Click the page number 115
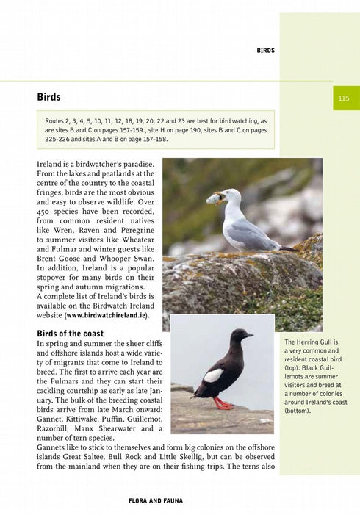click(x=344, y=98)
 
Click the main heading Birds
click(x=48, y=97)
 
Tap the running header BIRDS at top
click(x=265, y=51)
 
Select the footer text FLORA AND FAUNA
click(x=156, y=501)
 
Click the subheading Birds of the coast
click(x=70, y=333)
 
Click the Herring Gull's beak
click(x=213, y=198)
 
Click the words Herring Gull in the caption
click(x=312, y=342)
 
